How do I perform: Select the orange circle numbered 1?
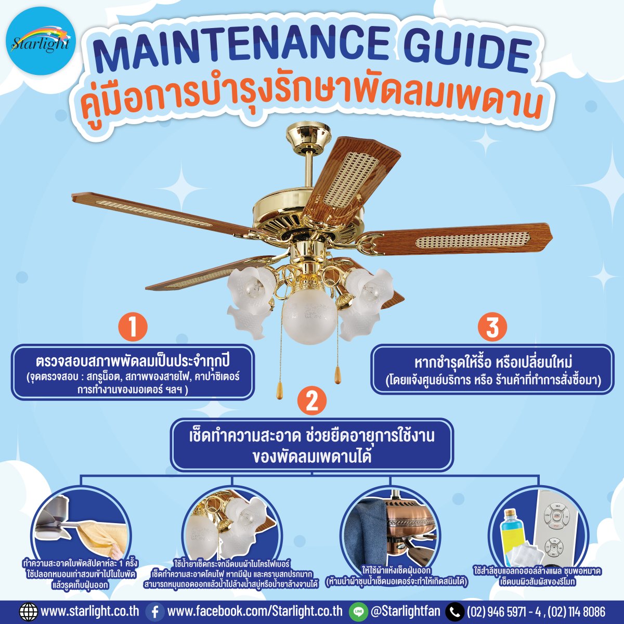(133, 328)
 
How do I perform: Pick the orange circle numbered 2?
(311, 401)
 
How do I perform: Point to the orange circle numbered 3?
(492, 328)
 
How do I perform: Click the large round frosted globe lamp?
(309, 315)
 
